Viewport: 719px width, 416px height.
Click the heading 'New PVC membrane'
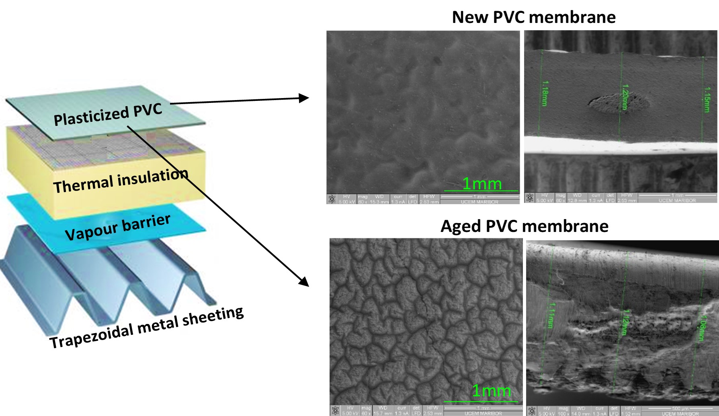point(533,17)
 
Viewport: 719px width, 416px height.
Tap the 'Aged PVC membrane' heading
point(524,226)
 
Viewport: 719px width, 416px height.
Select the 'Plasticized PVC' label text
point(108,114)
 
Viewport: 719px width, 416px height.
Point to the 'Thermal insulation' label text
point(121,180)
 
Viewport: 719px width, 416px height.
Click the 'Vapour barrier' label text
point(117,227)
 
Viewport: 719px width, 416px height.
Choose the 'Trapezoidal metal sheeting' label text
point(146,327)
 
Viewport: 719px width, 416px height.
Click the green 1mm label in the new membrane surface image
point(481,184)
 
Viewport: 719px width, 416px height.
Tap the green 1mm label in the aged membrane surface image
point(491,391)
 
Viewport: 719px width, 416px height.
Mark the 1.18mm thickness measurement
point(545,93)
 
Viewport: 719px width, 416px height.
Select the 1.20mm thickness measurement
point(625,97)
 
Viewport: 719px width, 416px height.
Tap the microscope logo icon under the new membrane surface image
point(332,199)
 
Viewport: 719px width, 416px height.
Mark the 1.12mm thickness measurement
point(625,322)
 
